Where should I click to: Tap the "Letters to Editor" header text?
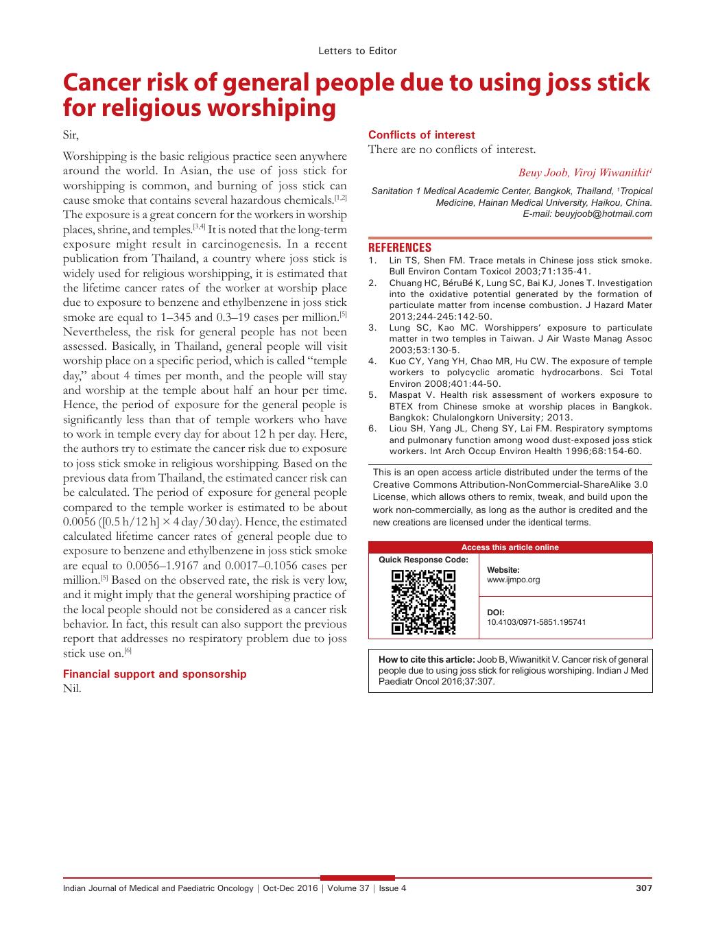[357, 51]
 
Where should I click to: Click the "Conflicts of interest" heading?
[421, 135]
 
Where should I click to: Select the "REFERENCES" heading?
[400, 248]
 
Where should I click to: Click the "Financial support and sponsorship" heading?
[154, 674]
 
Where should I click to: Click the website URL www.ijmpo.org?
[513, 580]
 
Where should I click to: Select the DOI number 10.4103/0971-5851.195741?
[536, 623]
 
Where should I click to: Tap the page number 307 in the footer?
[643, 888]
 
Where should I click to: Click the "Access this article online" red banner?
[510, 547]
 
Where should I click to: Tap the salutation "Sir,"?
[71, 135]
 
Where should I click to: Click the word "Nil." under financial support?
[72, 689]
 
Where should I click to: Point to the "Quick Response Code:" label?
[423, 560]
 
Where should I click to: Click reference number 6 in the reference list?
[372, 429]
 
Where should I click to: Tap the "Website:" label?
[503, 570]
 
